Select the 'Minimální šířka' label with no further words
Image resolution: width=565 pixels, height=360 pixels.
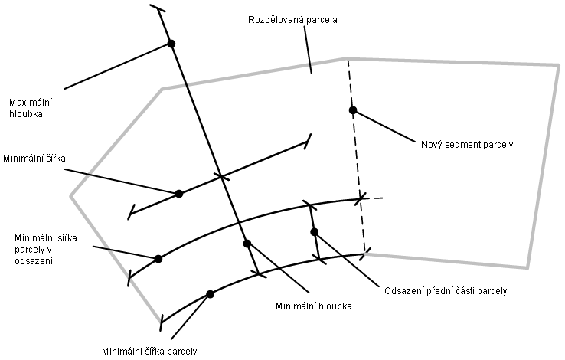34,158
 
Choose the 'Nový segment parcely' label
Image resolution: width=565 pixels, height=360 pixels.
467,143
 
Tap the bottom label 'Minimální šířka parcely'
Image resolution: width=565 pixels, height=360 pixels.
149,352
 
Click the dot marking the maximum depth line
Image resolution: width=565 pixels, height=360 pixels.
171,44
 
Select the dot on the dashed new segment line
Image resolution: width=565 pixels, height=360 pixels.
353,110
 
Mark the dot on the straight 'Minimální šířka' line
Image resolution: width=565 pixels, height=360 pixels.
179,194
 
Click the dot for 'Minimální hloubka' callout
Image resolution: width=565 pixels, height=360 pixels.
247,244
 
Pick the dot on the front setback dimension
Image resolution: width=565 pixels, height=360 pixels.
314,231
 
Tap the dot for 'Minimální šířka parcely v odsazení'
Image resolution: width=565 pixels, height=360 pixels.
158,259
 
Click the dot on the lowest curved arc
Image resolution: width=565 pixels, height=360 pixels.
210,294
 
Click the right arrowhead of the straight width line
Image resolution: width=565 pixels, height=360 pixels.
309,141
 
